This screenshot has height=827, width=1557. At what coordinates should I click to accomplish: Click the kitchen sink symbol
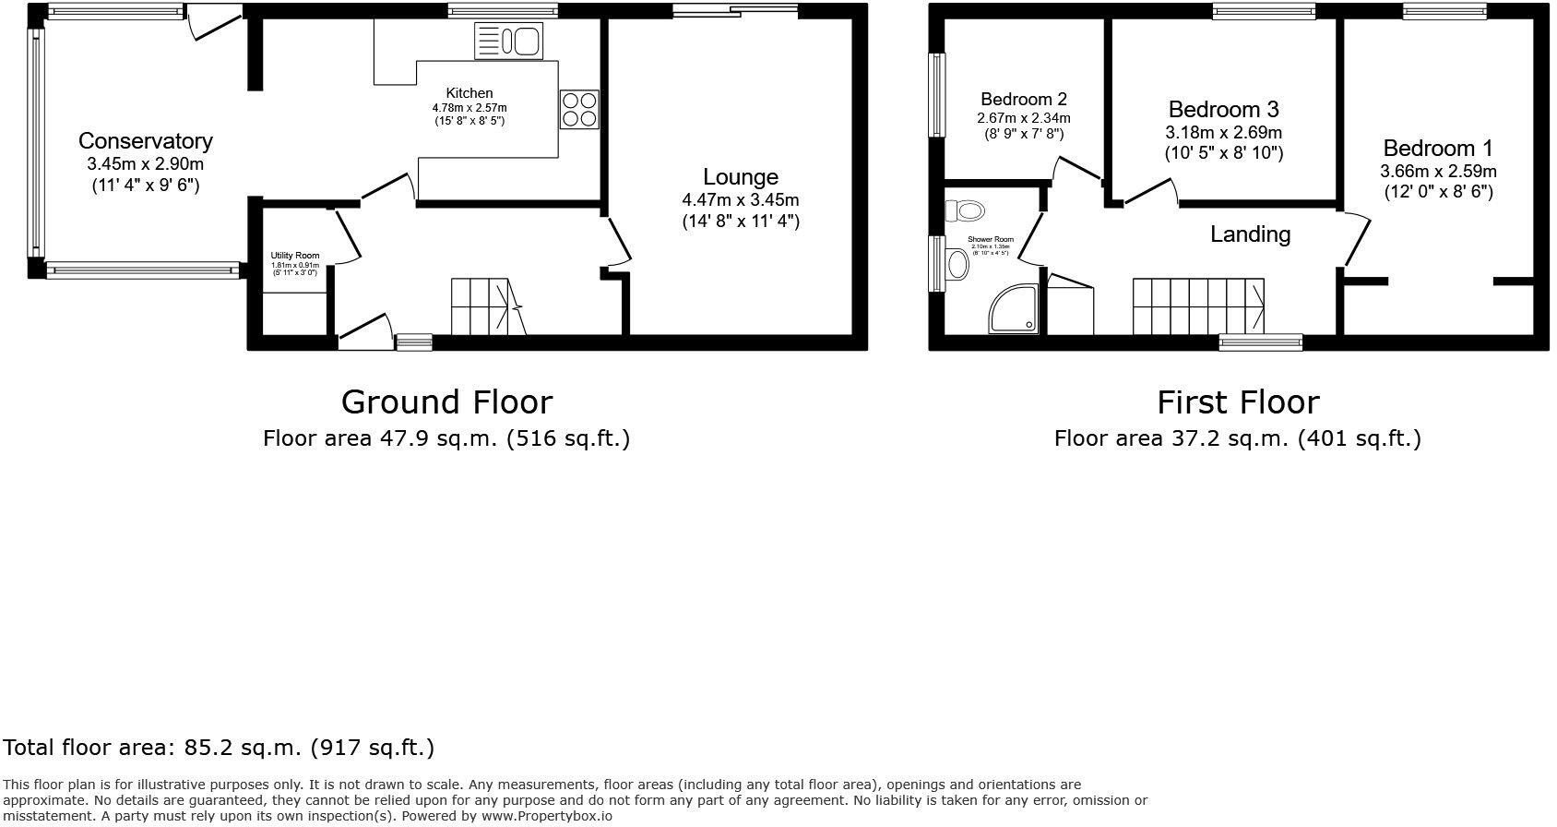[x=507, y=42]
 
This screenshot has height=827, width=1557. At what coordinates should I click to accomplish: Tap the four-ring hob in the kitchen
[x=578, y=109]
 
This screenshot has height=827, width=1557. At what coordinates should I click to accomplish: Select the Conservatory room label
[x=145, y=141]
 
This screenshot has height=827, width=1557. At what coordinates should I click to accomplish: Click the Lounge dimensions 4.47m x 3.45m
[x=741, y=199]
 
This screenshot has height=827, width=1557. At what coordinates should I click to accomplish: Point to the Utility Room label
[x=295, y=256]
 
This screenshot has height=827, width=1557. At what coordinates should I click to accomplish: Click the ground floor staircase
[x=485, y=307]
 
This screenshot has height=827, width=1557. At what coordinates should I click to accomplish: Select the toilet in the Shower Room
[x=965, y=210]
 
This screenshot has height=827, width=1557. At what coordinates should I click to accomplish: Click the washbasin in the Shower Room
[x=957, y=265]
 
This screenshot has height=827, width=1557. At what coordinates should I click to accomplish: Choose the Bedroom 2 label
[x=1024, y=99]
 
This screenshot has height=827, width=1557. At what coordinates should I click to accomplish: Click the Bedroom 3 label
[x=1223, y=110]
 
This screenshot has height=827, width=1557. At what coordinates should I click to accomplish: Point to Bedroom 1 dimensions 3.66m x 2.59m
[x=1438, y=172]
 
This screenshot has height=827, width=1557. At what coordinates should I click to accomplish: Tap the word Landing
[x=1250, y=234]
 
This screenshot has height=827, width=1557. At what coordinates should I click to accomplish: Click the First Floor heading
[x=1238, y=402]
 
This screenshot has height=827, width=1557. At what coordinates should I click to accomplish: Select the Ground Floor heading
[x=446, y=402]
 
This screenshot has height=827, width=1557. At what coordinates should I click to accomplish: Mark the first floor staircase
[x=1198, y=306]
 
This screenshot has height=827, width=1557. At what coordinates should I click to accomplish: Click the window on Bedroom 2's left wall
[x=938, y=95]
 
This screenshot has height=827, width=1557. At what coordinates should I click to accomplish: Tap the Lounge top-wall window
[x=734, y=10]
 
